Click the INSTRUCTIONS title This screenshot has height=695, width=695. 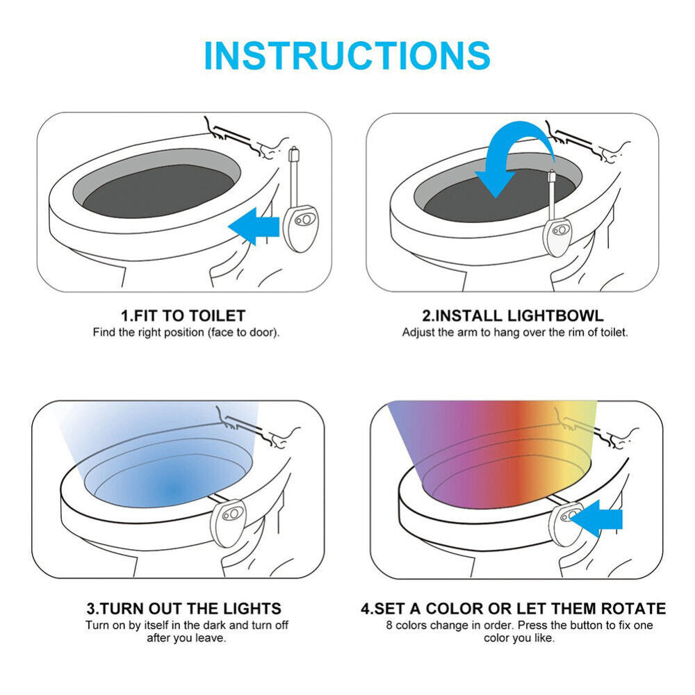[x=347, y=56]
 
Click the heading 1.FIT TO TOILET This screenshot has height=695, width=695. [x=183, y=316]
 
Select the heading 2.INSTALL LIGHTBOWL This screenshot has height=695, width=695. [x=513, y=316]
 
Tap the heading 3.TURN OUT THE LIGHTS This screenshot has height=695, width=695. [x=184, y=608]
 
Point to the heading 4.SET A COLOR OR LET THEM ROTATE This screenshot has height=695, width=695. [x=514, y=608]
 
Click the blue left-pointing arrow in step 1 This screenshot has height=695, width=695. [x=254, y=226]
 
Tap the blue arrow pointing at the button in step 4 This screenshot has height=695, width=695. [x=596, y=518]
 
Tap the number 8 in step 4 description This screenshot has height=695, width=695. [x=389, y=625]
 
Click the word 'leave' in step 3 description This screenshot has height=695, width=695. [x=210, y=638]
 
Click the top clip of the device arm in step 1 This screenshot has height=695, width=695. [x=294, y=154]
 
